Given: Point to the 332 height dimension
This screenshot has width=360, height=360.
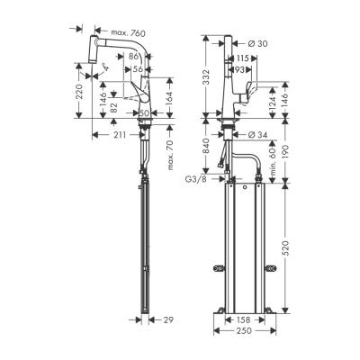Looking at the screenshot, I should (x=206, y=82).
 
